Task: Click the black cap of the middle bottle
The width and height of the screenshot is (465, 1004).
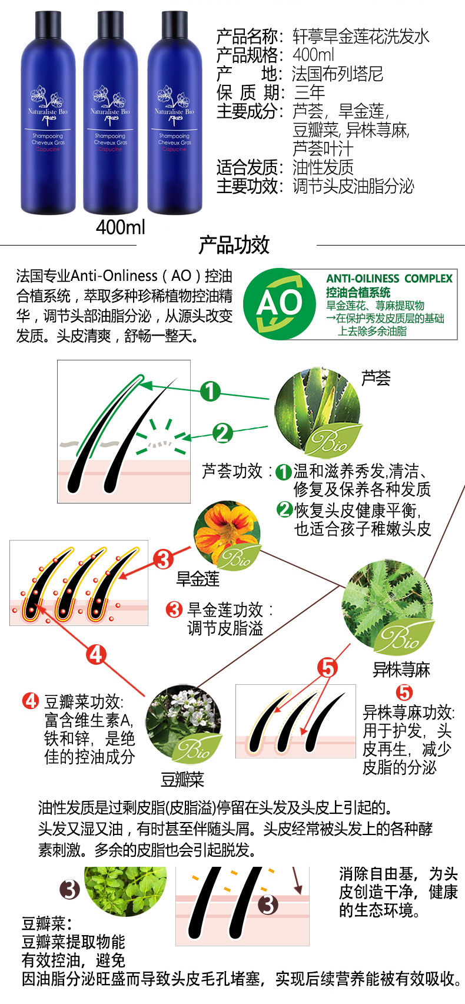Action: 110,24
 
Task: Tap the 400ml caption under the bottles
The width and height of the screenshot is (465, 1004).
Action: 121,227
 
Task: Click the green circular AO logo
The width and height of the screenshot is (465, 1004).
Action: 279,304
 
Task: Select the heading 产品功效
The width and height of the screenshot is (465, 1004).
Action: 234,245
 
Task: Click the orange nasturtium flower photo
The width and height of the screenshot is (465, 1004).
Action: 227,534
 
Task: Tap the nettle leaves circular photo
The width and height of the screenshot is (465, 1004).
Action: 387,605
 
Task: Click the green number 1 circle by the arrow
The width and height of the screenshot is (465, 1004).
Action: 210,391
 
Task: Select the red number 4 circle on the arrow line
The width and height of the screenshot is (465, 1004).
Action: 97,655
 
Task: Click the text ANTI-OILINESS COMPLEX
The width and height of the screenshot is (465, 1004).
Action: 389,279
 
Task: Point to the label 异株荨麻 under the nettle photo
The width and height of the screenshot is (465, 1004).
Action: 401,670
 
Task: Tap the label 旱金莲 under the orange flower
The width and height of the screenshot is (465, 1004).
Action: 198,579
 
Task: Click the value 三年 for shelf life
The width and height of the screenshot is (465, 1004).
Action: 310,92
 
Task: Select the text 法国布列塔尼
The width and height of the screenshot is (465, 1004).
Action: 338,74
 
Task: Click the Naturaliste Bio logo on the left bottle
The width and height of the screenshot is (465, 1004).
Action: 48,106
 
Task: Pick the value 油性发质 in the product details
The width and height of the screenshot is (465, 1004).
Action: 323,167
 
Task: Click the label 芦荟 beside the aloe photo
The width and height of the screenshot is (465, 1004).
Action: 376,378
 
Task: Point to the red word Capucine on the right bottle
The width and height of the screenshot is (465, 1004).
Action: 174,149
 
